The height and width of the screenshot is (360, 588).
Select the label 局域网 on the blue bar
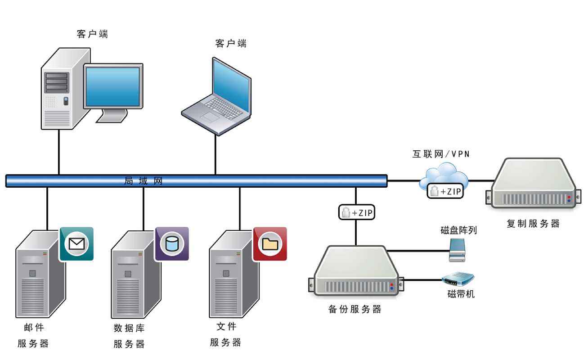(x=143, y=181)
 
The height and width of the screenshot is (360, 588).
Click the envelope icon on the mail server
(x=76, y=244)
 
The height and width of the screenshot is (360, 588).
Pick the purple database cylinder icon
(x=172, y=244)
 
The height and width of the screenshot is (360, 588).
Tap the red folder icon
(x=270, y=244)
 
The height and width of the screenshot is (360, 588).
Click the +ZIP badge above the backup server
(x=357, y=213)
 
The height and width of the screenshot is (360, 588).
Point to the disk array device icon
(x=457, y=250)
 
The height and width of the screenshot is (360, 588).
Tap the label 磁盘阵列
(x=458, y=230)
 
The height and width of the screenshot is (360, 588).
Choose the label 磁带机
(x=461, y=294)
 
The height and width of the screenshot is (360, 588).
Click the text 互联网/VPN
(x=441, y=154)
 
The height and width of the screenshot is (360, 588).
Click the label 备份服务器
(x=355, y=310)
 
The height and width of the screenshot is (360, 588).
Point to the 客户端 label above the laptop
(x=231, y=44)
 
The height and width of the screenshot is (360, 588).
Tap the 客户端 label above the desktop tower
(x=92, y=34)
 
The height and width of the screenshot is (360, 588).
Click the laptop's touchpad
(x=210, y=117)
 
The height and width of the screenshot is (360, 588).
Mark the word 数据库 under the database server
(x=129, y=328)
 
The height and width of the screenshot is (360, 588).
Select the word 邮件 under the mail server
(x=34, y=327)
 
